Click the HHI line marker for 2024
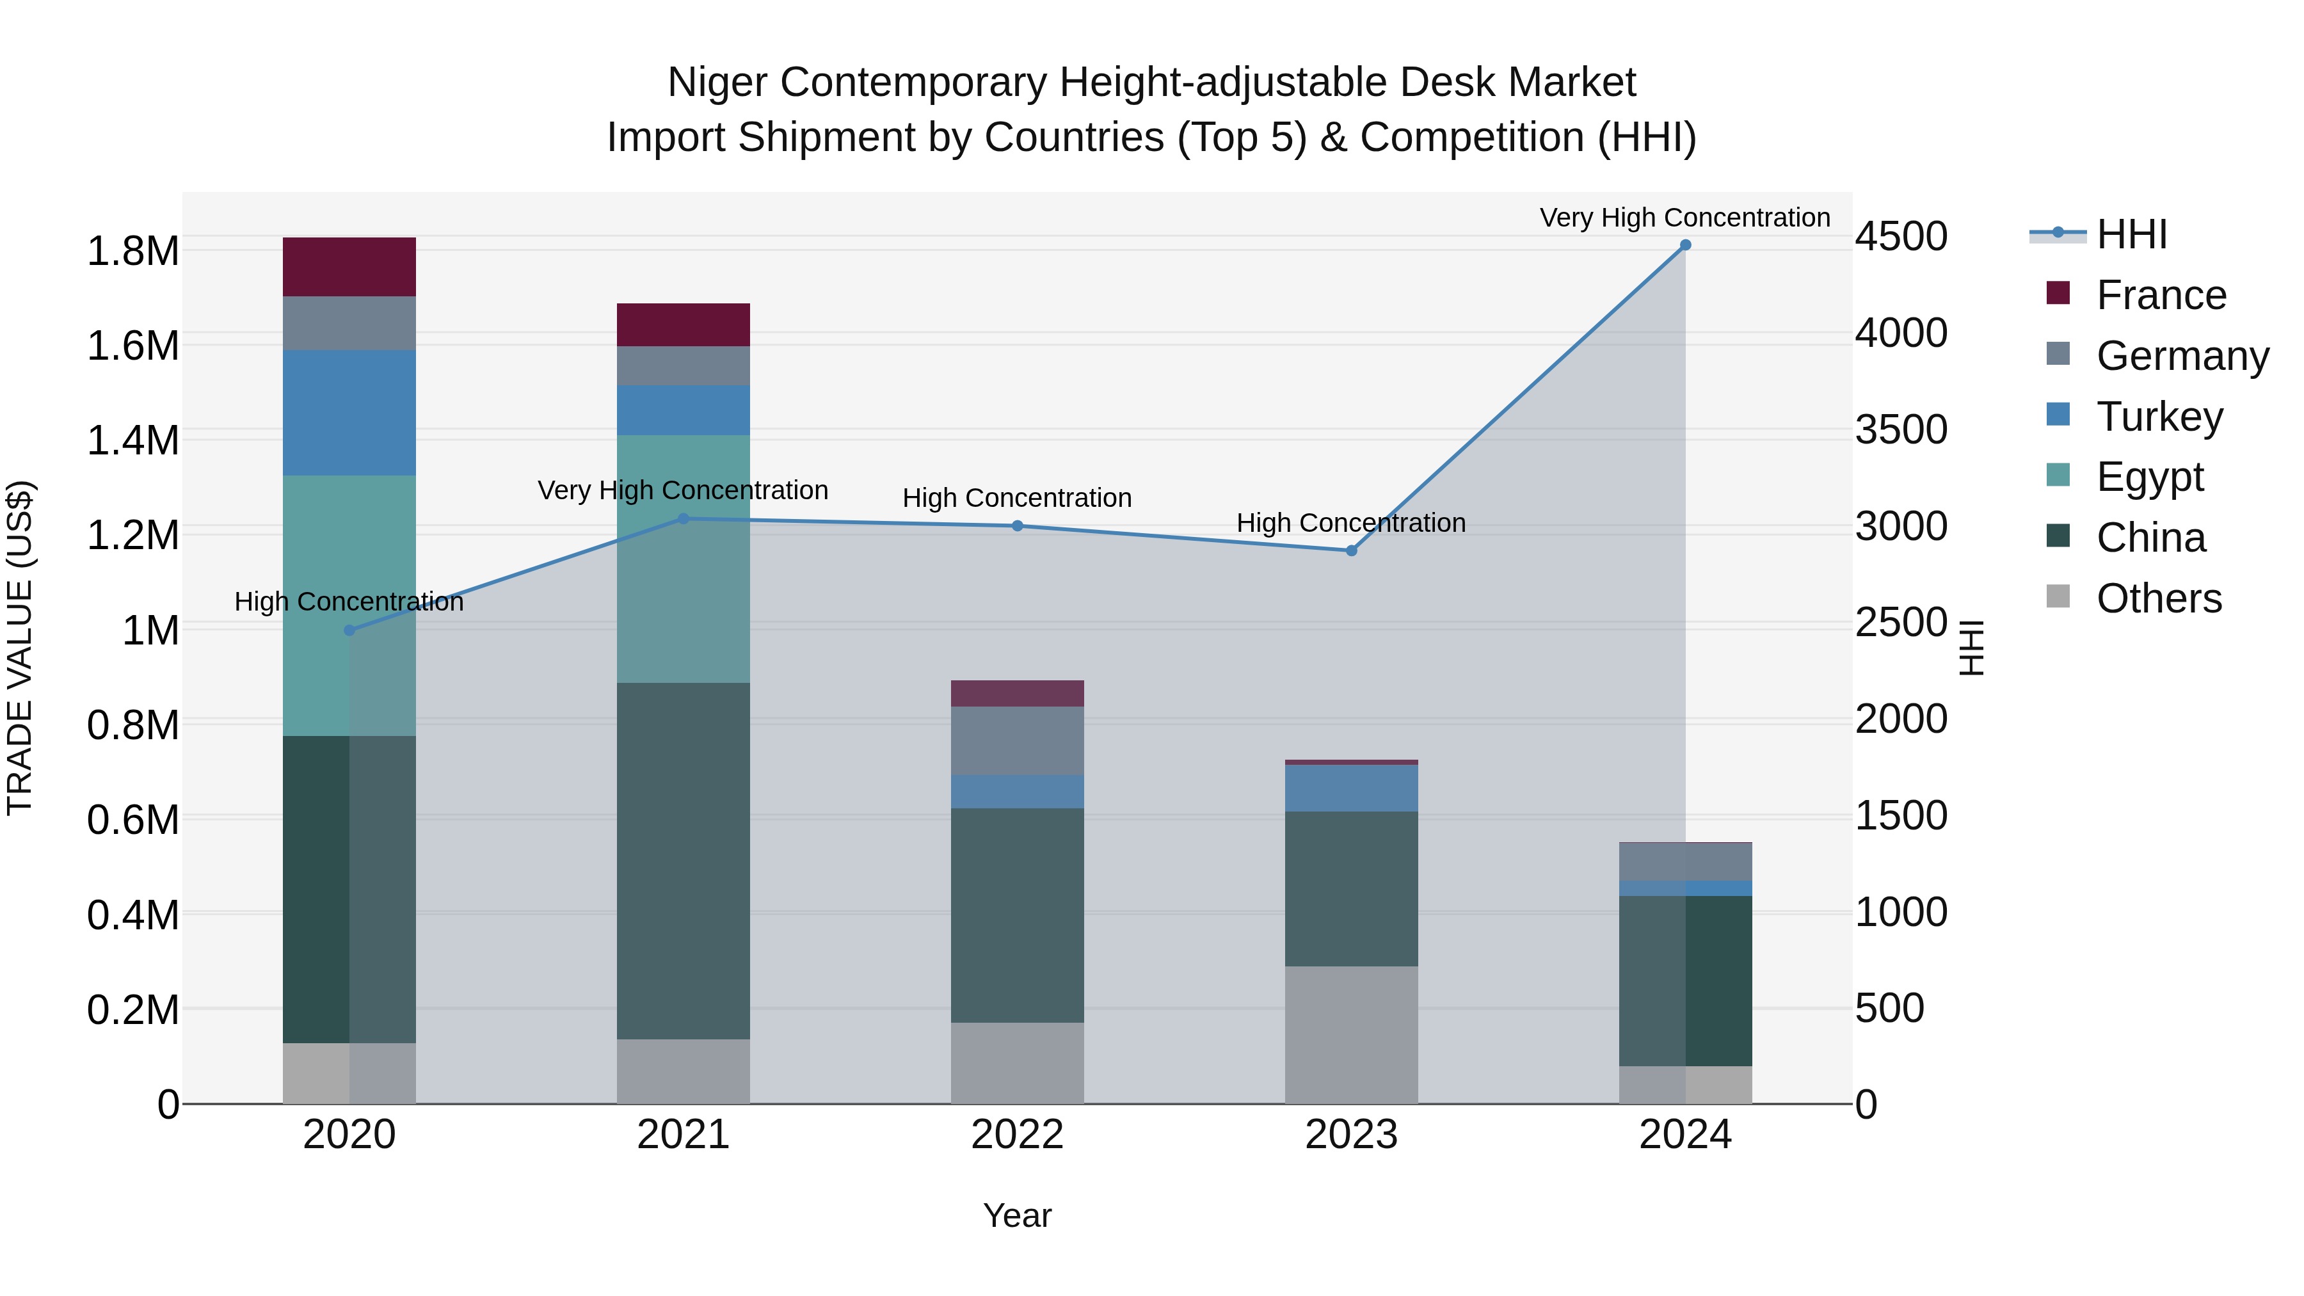(1685, 245)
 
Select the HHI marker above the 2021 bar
(684, 519)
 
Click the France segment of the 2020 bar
(349, 266)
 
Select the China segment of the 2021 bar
(684, 860)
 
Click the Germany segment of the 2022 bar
(1017, 740)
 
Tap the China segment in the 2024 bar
(1685, 980)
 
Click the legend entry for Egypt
(2149, 477)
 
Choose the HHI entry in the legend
(2131, 234)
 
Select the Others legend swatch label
(2158, 598)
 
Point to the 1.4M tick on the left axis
(132, 441)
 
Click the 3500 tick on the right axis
(1901, 429)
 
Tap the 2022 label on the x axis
(1017, 1135)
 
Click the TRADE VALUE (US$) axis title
(20, 648)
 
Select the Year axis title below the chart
(1017, 1215)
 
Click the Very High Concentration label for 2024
(1685, 218)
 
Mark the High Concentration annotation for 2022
(1017, 497)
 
